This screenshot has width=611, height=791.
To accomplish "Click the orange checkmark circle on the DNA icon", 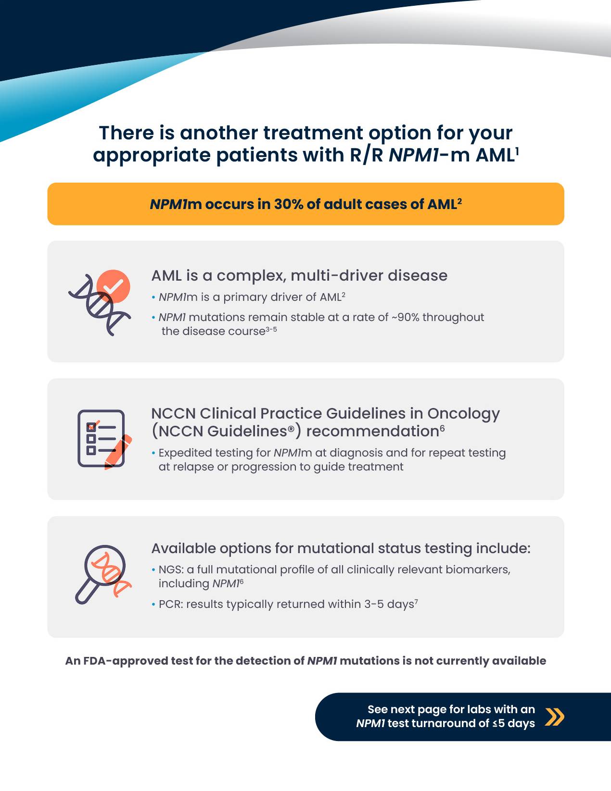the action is tap(114, 286).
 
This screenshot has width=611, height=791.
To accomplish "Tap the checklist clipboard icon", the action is tap(102, 439).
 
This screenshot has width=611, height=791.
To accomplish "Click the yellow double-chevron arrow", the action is tap(555, 717).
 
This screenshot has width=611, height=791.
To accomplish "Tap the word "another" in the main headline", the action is tap(218, 133).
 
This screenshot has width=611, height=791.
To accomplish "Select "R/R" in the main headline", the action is tap(366, 155).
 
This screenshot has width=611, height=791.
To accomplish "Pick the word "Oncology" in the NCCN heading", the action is tap(463, 414).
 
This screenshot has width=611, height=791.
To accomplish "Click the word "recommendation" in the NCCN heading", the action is tap(372, 432).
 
